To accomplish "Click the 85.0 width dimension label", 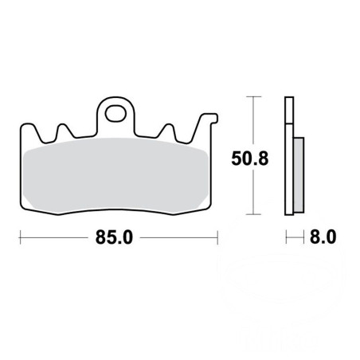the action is coord(114,237).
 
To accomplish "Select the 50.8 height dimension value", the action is coord(250,158).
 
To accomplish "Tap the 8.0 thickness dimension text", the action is coord(323,237).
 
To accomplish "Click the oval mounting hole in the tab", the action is coord(115,114).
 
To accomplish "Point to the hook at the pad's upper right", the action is coord(210,118).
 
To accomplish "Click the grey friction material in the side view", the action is coord(299,175).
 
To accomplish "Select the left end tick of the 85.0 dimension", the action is coord(20,237).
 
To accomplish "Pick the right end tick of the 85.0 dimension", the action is coord(217,237).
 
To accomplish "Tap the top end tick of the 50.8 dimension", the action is coord(253,96).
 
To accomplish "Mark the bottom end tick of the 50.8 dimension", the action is coord(253,214).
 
